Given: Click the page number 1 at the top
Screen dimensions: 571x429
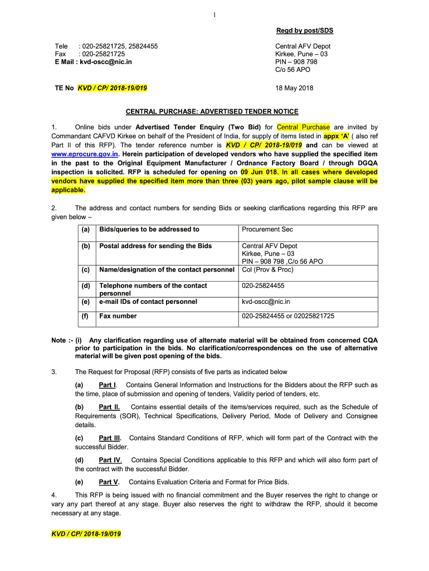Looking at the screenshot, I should point(214,15).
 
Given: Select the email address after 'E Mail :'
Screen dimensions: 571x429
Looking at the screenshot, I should point(106,62).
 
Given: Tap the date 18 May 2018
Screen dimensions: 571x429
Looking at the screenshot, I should point(295,88).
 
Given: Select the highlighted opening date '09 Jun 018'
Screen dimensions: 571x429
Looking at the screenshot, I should point(262,172).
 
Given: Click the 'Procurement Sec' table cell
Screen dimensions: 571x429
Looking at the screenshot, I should point(267,229).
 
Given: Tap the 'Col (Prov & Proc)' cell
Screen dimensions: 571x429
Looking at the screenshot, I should point(268,270).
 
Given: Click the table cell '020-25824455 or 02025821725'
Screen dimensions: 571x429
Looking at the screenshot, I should point(287,316).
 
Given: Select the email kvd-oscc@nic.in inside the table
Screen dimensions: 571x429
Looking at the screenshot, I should point(265,302).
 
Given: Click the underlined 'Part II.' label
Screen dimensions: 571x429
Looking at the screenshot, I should point(109,407).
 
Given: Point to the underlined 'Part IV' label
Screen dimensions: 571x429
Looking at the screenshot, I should point(110,460).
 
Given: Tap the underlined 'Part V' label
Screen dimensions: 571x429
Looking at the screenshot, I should point(108,482).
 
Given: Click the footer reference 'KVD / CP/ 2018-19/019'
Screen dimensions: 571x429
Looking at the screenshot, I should point(86,534).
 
